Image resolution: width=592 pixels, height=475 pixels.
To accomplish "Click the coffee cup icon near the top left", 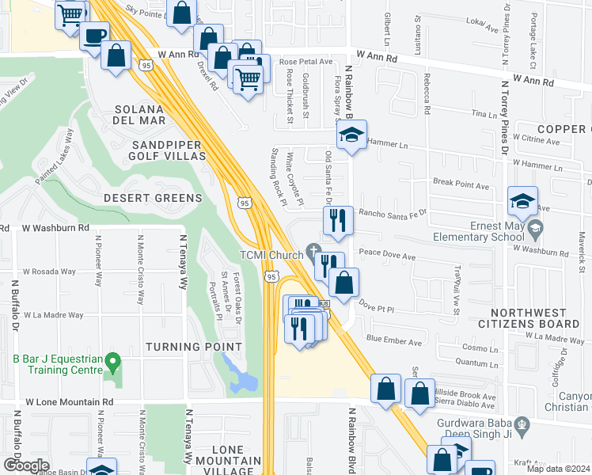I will (95, 36).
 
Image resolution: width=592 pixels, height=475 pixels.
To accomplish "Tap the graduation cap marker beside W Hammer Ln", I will (353, 135).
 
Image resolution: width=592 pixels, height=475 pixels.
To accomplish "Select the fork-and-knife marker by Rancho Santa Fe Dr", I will (338, 220).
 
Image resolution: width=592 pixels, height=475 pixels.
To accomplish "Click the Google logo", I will (26, 465).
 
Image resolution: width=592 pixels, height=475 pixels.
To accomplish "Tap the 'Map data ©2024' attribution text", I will (557, 469).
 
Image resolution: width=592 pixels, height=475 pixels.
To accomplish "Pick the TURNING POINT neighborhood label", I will (193, 347).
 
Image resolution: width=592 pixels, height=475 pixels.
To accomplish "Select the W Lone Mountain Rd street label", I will (69, 402).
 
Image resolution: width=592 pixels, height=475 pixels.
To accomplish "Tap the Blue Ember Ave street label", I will (395, 338).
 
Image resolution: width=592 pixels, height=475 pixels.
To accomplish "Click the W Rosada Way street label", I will (49, 272).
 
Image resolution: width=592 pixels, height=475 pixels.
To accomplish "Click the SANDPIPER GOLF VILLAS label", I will (169, 150).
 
